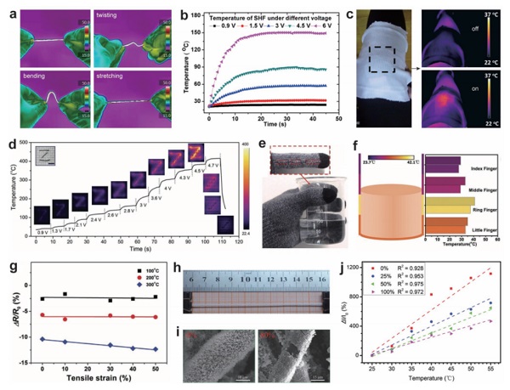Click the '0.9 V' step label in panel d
(41, 231)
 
